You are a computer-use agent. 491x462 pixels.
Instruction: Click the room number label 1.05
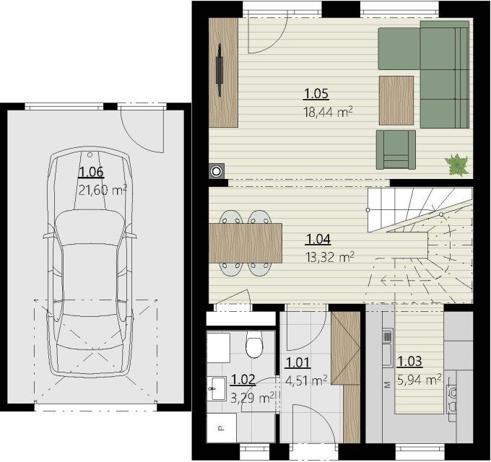tap(316, 94)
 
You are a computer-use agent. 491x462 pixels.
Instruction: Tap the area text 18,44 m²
tap(328, 112)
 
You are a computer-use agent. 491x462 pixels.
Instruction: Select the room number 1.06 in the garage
tap(92, 172)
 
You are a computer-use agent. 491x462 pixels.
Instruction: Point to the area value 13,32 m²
tap(329, 257)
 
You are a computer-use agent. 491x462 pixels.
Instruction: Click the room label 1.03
tap(409, 362)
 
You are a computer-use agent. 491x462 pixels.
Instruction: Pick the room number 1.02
tap(243, 380)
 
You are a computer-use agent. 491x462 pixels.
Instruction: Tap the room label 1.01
tap(297, 362)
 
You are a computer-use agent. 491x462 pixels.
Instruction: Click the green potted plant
tap(456, 165)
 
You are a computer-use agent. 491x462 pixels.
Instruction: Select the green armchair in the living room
tap(396, 150)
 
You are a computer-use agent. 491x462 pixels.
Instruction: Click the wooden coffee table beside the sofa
tap(396, 100)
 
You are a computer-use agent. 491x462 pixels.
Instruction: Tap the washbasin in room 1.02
tap(217, 389)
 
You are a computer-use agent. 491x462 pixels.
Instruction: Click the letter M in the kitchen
tap(388, 385)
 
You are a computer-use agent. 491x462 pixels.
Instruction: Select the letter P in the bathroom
tap(220, 427)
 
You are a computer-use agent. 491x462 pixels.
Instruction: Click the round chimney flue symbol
tap(217, 171)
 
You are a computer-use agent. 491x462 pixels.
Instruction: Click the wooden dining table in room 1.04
tap(245, 243)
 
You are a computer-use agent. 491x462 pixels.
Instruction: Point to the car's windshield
tap(90, 227)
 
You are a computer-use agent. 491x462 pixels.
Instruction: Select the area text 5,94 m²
tap(420, 380)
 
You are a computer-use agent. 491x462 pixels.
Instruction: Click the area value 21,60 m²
tap(103, 190)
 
